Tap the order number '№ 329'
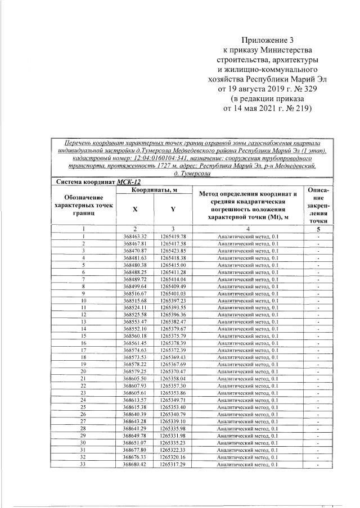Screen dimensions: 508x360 click(x=298, y=89)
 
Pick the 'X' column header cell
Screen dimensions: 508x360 click(x=135, y=209)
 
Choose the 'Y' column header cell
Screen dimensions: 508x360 click(x=173, y=209)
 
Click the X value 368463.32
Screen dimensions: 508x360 click(x=135, y=236)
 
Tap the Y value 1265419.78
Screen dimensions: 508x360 click(x=173, y=236)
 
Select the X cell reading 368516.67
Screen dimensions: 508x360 click(x=135, y=293)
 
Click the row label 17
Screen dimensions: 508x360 click(x=83, y=350)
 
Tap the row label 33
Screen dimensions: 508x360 click(x=83, y=464)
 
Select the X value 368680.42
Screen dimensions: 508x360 click(x=135, y=464)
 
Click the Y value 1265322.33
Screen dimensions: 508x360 click(x=173, y=450)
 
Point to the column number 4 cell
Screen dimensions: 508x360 click(x=247, y=229)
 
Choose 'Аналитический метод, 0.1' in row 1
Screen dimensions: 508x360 click(x=247, y=236)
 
